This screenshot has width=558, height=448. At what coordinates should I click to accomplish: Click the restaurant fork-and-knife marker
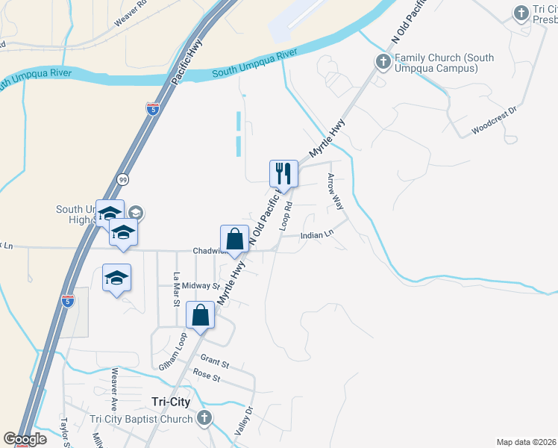[283, 173]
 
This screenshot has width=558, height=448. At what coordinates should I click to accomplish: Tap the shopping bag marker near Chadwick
[234, 240]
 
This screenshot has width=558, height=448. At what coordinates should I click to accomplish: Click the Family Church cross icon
[383, 60]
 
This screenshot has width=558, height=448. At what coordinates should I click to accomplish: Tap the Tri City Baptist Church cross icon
[204, 419]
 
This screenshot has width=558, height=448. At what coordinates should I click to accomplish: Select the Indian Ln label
[316, 235]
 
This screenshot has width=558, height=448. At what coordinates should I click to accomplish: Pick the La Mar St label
[177, 287]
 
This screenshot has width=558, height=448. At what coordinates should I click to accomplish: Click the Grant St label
[214, 362]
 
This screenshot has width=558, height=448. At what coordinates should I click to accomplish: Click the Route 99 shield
[122, 179]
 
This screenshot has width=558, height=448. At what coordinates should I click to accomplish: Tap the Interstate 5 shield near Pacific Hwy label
[152, 109]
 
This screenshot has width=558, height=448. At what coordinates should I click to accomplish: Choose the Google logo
[25, 439]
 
